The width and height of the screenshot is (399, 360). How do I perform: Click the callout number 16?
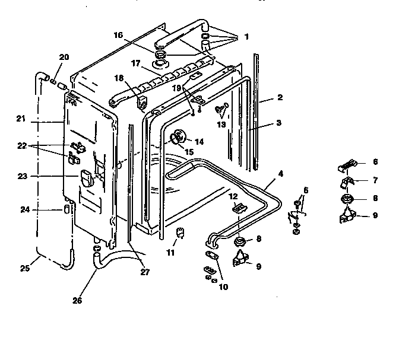(118, 35)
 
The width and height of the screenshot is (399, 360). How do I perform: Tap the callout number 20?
(64, 56)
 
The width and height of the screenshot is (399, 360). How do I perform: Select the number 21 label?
(21, 119)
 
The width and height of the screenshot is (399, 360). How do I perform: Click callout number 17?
(135, 63)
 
